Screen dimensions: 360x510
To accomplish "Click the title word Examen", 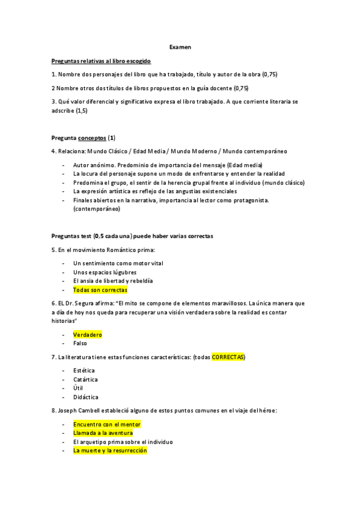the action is pos(180,47).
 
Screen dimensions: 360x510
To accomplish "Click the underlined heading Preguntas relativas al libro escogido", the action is pos(101,61).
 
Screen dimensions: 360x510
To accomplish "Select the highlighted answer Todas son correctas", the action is pos(100,289).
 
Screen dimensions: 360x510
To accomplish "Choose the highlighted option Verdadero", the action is pos(88,334).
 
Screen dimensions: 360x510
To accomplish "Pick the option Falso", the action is pos(80,343).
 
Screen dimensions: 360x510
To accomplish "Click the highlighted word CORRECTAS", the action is pos(228,357).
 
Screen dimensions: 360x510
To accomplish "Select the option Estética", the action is pos(84,370).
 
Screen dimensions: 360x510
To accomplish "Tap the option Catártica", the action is pos(85,379).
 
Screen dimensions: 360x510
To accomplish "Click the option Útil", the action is pos(78,389).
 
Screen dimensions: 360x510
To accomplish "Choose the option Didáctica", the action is pos(85,398).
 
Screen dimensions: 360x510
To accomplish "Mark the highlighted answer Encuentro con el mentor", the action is pos(106,424).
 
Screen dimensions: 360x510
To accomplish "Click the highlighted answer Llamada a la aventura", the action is pos(103,433).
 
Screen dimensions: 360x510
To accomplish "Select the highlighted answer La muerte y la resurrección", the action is pos(109,450).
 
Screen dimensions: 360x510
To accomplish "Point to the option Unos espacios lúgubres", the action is pos(105,272).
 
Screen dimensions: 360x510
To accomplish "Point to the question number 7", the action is pos(53,357).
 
